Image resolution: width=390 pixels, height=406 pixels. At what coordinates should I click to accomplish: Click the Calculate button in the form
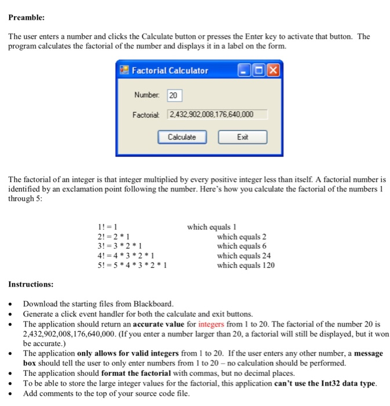[181, 137]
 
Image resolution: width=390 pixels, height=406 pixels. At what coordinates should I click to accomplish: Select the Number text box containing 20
[174, 95]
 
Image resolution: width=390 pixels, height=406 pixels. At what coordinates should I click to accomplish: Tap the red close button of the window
[272, 71]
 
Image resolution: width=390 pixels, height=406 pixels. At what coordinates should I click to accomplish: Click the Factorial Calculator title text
[170, 71]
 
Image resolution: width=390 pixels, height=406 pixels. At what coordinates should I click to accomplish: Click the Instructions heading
[31, 284]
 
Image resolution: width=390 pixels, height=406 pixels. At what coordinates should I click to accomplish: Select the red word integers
[214, 324]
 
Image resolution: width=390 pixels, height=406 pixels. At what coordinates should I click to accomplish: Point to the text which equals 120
[246, 266]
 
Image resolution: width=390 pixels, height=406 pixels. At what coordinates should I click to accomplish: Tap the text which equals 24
[244, 256]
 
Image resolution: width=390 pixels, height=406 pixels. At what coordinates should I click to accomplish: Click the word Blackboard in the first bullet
[152, 304]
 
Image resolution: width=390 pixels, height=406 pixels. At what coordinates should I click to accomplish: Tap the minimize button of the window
[245, 71]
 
